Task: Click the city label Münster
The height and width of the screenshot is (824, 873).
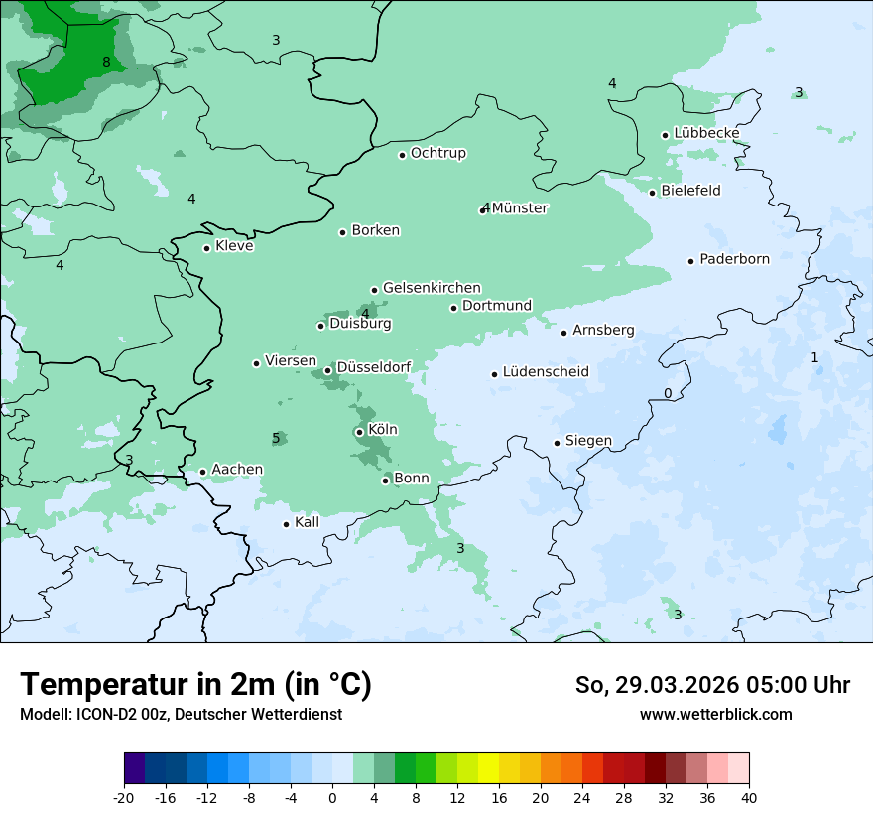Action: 519,208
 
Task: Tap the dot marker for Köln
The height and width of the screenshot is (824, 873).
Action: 359,432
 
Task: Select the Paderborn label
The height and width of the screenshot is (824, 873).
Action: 734,260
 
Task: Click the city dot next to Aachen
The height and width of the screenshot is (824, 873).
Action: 202,473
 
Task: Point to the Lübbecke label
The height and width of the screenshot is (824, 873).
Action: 706,133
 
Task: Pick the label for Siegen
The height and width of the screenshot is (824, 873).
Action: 588,441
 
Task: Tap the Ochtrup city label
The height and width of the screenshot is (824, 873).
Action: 437,153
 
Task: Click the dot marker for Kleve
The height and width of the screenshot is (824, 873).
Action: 206,248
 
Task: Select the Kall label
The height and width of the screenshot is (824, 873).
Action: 307,522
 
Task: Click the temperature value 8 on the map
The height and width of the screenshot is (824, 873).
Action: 106,63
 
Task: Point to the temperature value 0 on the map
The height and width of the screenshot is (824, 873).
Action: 668,394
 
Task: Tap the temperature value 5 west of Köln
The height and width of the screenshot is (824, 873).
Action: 276,439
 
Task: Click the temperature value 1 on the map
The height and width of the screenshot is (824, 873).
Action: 814,357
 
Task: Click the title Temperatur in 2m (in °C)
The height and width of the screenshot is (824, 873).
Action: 195,685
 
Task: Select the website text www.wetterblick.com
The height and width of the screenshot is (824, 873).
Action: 715,714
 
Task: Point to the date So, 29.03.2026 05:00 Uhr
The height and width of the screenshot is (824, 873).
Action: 712,685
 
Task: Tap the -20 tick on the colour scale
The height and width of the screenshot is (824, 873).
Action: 124,798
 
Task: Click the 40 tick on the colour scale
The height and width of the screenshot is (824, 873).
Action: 749,798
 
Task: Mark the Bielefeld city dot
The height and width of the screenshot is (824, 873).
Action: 652,193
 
